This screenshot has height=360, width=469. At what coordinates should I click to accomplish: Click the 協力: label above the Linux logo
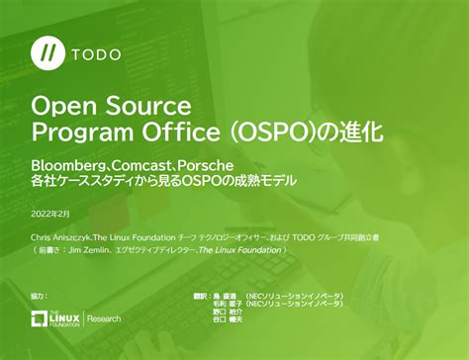pos(39,296)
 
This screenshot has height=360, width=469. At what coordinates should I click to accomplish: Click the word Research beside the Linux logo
pos(105,318)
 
